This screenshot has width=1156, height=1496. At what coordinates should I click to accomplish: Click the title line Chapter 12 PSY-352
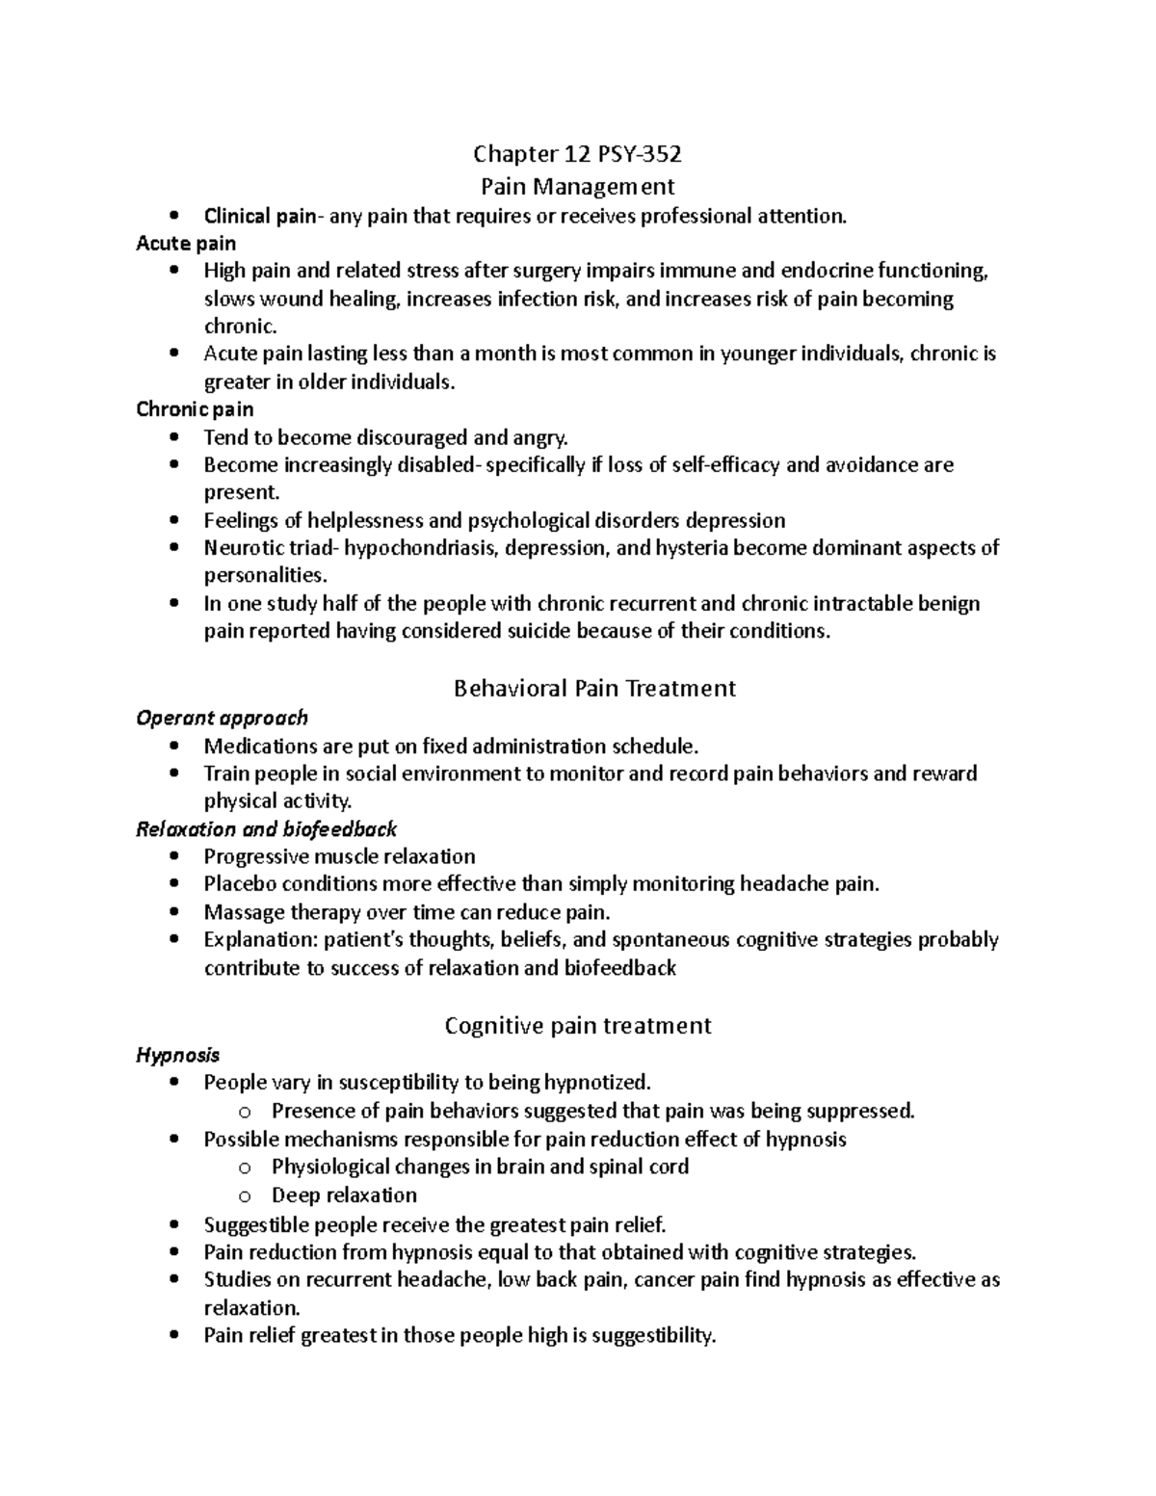[577, 154]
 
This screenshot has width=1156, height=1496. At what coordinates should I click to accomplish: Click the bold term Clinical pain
[259, 216]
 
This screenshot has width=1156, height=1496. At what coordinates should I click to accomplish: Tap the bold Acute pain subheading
[186, 244]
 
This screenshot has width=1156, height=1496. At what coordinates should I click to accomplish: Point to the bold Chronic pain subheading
[195, 409]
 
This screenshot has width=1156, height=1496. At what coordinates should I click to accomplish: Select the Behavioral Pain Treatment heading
[594, 688]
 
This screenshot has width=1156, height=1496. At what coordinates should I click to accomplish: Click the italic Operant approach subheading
[222, 718]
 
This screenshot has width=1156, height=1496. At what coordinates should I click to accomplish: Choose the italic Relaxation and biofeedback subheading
[267, 829]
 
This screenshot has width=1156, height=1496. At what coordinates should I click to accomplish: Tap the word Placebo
[240, 883]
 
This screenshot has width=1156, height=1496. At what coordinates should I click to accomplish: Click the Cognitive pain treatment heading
[578, 1025]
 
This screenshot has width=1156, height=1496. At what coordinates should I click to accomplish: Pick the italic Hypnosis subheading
[177, 1055]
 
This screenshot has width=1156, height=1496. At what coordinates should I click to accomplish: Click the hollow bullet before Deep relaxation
[245, 1196]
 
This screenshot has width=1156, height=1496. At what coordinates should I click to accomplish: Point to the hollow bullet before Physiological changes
[245, 1168]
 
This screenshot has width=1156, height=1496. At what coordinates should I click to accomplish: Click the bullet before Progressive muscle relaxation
[173, 856]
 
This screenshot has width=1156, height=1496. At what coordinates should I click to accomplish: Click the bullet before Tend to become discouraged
[173, 437]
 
